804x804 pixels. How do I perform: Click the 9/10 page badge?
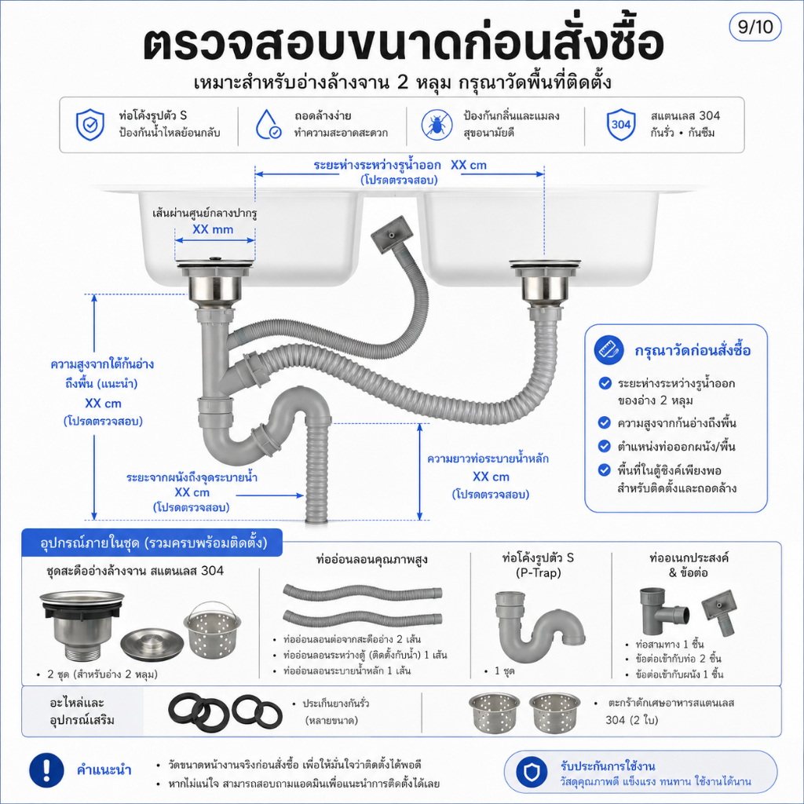(755, 27)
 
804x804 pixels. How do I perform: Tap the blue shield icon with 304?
(621, 125)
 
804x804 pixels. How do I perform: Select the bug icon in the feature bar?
(437, 125)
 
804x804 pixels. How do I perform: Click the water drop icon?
(268, 125)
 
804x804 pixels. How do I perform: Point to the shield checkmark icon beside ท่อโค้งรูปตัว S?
(90, 125)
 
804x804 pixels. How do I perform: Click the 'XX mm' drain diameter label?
(213, 229)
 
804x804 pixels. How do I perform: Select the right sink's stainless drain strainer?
(545, 281)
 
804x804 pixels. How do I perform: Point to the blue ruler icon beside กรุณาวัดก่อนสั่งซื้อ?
(608, 349)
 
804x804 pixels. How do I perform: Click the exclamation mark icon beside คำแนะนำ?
(46, 769)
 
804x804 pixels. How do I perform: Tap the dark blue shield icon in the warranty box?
(532, 771)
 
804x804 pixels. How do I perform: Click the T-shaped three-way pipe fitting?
(663, 612)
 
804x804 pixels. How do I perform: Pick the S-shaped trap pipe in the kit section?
(538, 627)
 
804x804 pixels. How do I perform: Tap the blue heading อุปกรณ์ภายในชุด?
(153, 543)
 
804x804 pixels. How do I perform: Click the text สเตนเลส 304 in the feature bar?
(685, 116)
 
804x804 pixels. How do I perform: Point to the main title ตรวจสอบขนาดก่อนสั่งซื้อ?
(403, 43)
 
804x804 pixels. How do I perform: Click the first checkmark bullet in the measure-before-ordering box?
(605, 383)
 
